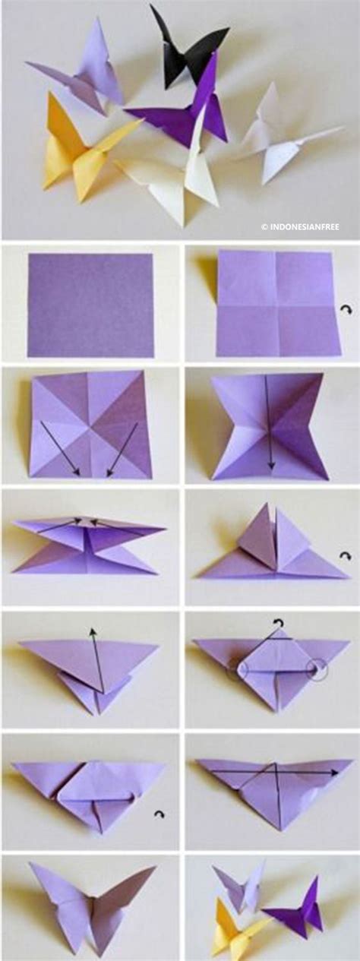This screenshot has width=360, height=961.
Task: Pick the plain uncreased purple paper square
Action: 90,305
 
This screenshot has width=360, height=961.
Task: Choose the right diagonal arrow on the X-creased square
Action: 122,450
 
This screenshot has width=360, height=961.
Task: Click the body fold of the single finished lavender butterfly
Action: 93,906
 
